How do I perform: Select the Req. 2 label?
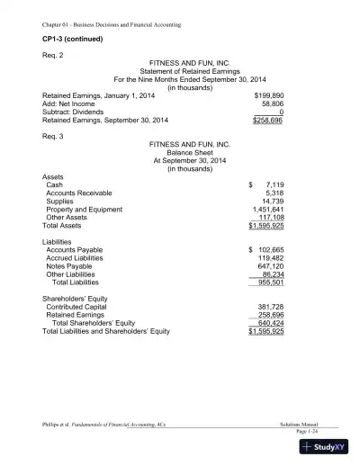tap(55, 57)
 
